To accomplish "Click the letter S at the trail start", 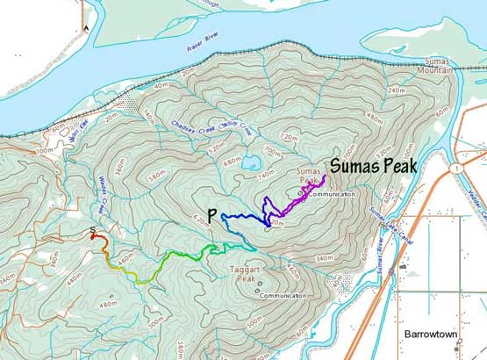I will (92, 231).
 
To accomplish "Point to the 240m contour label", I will (397, 90).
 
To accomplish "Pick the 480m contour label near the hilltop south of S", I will (109, 304).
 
